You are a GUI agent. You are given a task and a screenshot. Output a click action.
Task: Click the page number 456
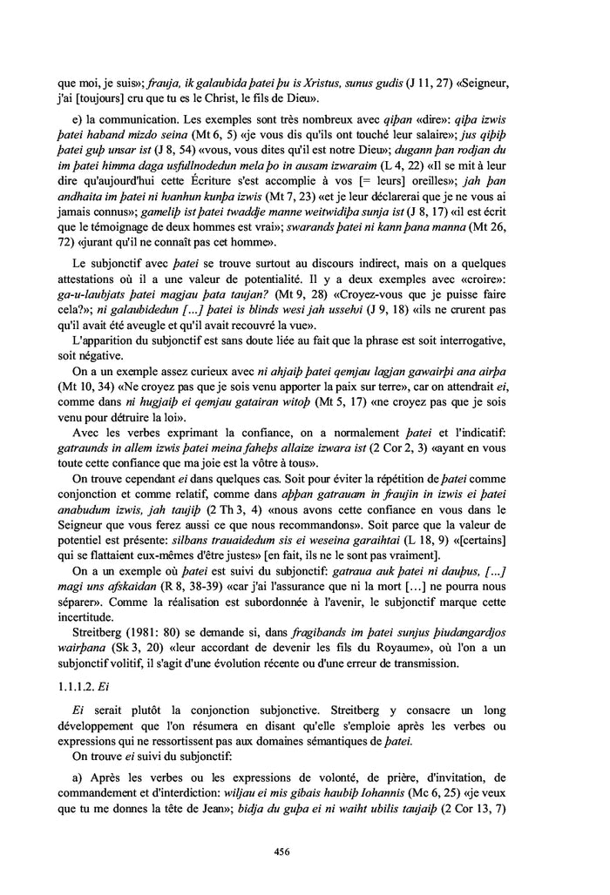[x=304, y=851]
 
